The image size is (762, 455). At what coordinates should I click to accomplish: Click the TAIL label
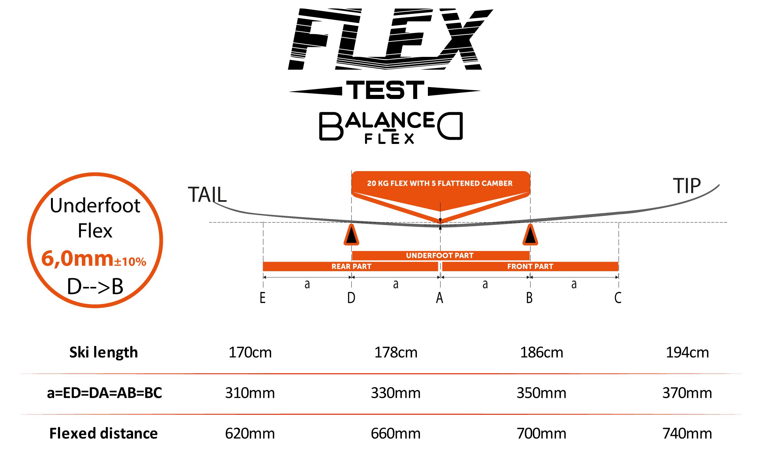coord(207,195)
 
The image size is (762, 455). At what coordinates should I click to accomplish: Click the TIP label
coord(687,186)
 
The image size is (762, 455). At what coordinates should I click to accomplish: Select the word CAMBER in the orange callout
coord(497,184)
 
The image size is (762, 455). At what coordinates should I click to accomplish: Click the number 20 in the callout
coord(372,184)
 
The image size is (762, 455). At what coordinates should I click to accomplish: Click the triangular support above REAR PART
coord(351,235)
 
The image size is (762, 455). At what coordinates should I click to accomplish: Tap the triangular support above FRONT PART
coord(530,235)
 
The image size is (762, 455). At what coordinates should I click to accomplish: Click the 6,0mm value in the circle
coord(77,259)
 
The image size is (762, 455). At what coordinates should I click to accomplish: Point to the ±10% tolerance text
coord(130,262)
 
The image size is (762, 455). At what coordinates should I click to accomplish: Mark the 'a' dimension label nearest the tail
coord(307,284)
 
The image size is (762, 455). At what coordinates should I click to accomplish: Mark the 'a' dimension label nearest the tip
coord(574,284)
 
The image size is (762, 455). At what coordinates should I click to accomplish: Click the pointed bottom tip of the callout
coord(440,222)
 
